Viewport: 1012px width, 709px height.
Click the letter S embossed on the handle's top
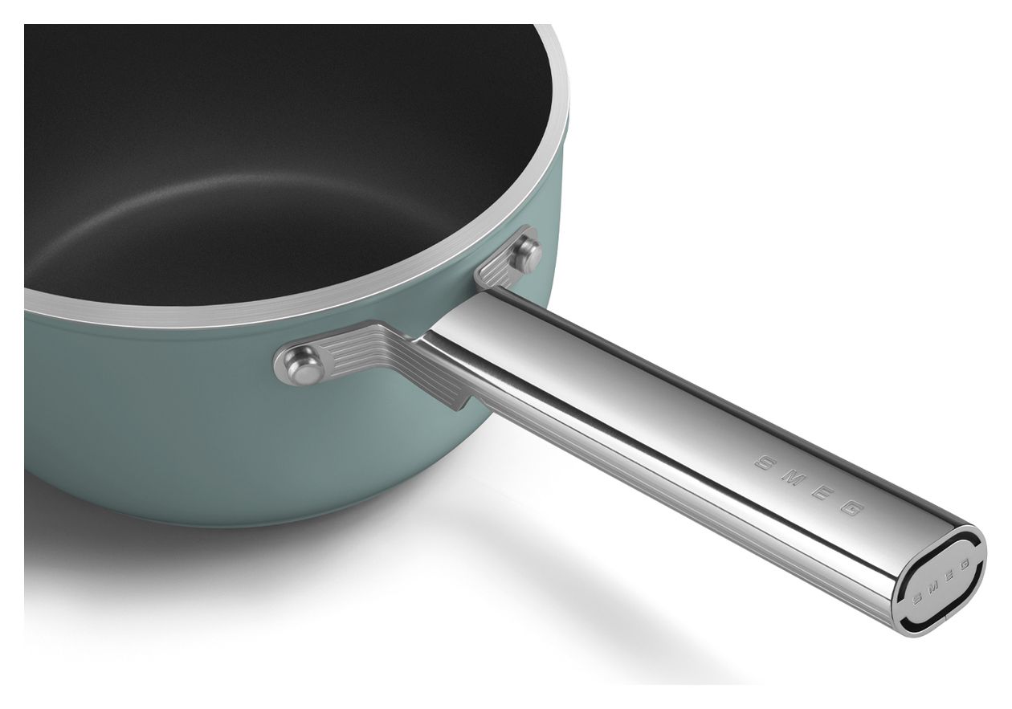click(765, 462)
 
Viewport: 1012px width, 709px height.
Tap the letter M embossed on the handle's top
click(793, 478)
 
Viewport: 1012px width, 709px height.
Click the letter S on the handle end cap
click(918, 599)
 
